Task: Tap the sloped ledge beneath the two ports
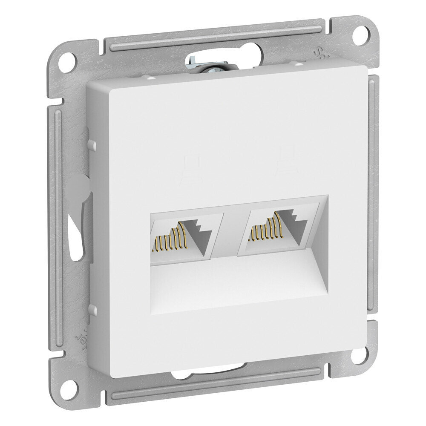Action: coord(239,281)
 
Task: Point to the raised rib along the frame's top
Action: coord(213,36)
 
